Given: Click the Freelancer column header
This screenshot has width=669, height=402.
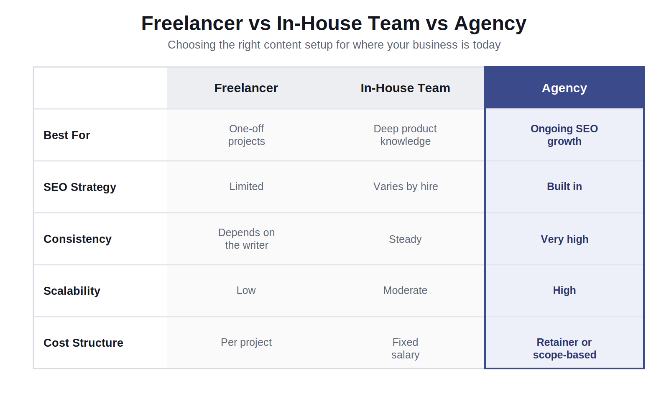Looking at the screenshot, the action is click(246, 88).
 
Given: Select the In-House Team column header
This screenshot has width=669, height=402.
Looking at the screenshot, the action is click(405, 88).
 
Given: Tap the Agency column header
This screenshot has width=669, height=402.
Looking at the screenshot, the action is click(564, 88).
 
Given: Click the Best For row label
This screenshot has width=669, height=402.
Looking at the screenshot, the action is click(66, 135).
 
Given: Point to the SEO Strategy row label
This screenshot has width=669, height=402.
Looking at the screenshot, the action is click(80, 187).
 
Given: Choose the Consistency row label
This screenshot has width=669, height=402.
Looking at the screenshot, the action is click(77, 239).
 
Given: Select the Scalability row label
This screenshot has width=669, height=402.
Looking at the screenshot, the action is click(71, 291).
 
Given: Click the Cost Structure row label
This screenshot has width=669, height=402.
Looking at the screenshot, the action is click(83, 343).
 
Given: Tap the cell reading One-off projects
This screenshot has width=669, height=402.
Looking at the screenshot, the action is click(246, 135).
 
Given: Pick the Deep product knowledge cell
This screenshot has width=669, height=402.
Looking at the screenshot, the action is click(405, 135).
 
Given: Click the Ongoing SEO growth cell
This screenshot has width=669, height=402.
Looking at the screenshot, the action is click(564, 135).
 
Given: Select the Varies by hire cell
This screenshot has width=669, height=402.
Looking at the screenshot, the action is click(405, 187).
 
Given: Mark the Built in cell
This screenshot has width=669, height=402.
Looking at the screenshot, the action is click(564, 187).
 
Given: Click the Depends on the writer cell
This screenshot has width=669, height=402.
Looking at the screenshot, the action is click(246, 239).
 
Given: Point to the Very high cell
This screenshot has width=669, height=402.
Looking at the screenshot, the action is click(564, 239).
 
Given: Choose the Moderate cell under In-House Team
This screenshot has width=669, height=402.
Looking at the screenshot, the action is click(405, 291).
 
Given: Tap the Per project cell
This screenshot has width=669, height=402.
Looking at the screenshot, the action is click(246, 343).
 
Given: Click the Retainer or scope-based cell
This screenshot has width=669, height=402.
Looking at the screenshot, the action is click(564, 348).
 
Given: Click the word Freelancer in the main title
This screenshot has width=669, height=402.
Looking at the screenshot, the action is click(192, 23).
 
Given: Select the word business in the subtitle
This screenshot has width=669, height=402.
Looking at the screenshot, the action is click(435, 45).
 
